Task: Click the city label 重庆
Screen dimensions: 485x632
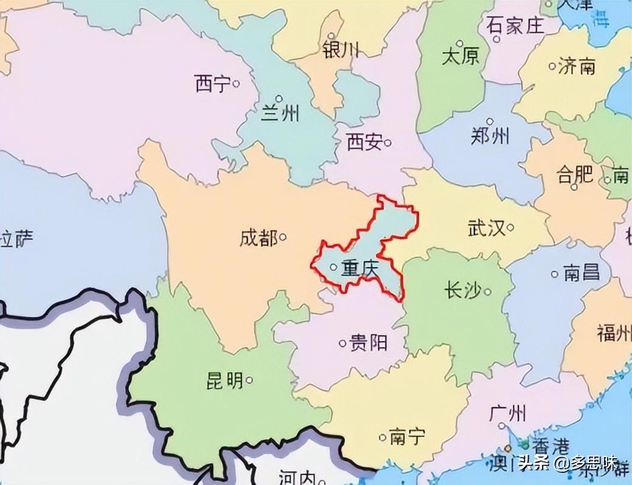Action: click(x=360, y=267)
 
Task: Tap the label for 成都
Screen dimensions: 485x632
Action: click(x=258, y=238)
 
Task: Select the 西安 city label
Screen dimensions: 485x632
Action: click(x=364, y=143)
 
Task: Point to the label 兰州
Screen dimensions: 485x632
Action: click(x=280, y=113)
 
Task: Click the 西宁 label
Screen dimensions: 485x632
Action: click(x=213, y=83)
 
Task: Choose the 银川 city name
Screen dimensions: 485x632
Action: click(x=341, y=49)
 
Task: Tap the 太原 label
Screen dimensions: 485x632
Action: click(x=460, y=57)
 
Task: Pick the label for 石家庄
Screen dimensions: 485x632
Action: click(x=513, y=26)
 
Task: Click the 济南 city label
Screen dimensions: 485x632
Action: click(x=577, y=66)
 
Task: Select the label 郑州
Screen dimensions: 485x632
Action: click(x=490, y=136)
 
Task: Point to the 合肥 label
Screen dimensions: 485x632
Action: click(x=574, y=175)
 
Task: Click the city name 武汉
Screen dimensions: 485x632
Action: click(x=486, y=229)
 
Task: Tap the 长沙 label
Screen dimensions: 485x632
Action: click(x=463, y=291)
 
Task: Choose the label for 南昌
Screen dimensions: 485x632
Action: click(x=582, y=273)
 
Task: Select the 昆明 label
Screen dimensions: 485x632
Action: click(x=225, y=381)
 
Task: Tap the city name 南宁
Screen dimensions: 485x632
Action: click(x=407, y=436)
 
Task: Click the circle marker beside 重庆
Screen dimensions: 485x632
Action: click(x=333, y=267)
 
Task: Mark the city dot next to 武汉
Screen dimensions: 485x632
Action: click(x=510, y=228)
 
